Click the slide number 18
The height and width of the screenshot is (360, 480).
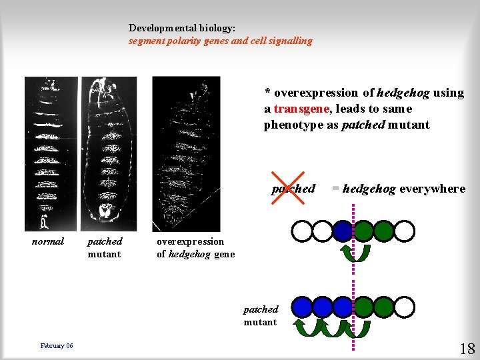(466, 348)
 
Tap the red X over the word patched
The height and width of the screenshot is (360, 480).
(293, 189)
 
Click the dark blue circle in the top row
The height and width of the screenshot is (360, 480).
(343, 231)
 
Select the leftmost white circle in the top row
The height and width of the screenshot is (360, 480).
(302, 231)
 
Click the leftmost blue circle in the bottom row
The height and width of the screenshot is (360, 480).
(302, 307)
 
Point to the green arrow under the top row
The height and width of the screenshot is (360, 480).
(353, 253)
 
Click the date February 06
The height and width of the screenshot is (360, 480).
(57, 345)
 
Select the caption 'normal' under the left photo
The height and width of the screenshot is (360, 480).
(48, 241)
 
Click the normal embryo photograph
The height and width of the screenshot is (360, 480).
(51, 154)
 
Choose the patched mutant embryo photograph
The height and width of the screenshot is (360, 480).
(109, 154)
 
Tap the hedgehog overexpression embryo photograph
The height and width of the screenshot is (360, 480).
(185, 154)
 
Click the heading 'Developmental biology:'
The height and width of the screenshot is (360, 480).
(181, 28)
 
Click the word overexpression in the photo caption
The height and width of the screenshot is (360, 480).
(190, 241)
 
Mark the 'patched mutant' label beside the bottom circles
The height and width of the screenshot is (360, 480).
(261, 315)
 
